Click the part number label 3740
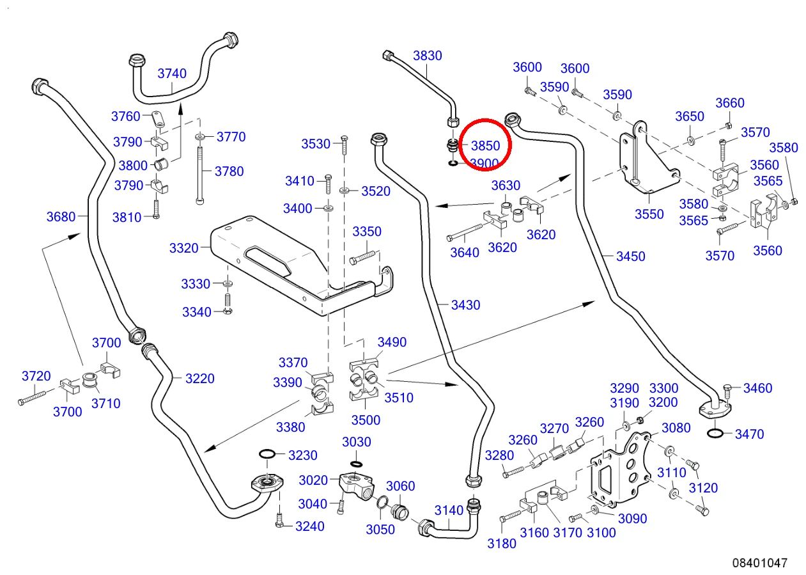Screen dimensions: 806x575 [172, 74]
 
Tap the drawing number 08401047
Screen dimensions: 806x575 [759, 562]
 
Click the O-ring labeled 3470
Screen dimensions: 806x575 [715, 433]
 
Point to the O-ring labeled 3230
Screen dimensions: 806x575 [267, 454]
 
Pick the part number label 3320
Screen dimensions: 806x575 [183, 248]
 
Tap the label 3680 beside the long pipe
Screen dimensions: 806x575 [61, 217]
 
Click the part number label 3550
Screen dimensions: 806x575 [649, 214]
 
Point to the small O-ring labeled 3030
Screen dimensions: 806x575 [356, 463]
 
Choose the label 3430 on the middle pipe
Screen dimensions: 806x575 [465, 305]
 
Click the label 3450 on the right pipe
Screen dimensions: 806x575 [630, 256]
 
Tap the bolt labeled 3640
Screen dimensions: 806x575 [465, 232]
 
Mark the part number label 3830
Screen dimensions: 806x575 [427, 56]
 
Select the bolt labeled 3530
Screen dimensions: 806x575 [345, 145]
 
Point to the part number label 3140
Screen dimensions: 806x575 [449, 510]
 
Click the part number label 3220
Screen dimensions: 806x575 [199, 379]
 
